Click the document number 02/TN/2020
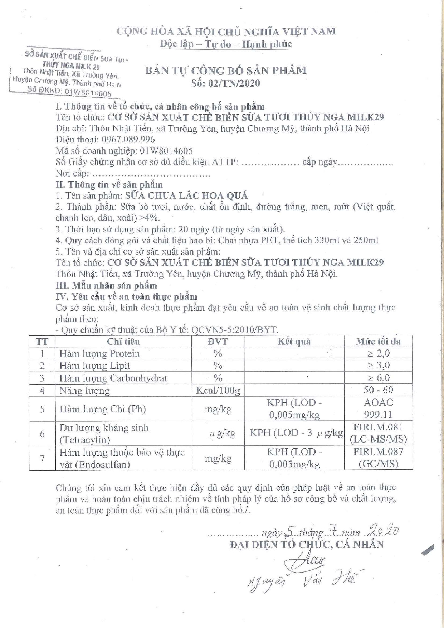click(226, 83)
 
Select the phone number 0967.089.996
click(128, 140)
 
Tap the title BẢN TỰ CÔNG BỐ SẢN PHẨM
click(226, 71)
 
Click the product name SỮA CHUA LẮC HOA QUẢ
click(186, 195)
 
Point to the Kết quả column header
click(294, 342)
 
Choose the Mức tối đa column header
click(378, 342)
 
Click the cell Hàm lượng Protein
click(99, 354)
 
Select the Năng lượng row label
click(85, 390)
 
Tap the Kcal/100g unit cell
click(218, 390)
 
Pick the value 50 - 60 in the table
click(378, 390)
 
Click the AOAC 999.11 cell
click(378, 409)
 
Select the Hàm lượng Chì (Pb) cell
click(103, 409)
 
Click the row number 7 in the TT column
click(42, 458)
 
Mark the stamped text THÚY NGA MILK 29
click(71, 66)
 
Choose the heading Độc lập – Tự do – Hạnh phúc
click(226, 44)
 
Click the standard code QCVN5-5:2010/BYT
click(235, 330)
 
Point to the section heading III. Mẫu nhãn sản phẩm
click(106, 286)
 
